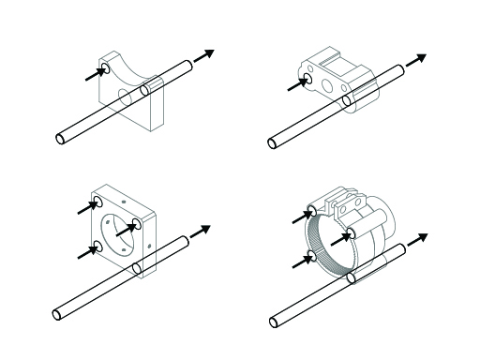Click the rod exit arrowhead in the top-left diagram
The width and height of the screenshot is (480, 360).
coord(210,53)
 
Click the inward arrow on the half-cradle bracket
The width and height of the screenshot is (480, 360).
coord(95,72)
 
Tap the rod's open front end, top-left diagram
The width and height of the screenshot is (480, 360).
coord(60,139)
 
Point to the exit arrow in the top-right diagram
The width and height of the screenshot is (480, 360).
coord(421,57)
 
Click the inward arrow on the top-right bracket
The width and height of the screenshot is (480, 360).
coord(297,85)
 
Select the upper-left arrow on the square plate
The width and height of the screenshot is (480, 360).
coord(86,208)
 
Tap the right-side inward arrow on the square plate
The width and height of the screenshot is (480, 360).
coord(125,228)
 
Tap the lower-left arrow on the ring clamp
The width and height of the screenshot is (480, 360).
coord(301,262)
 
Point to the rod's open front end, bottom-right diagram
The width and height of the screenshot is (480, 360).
coord(274,322)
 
